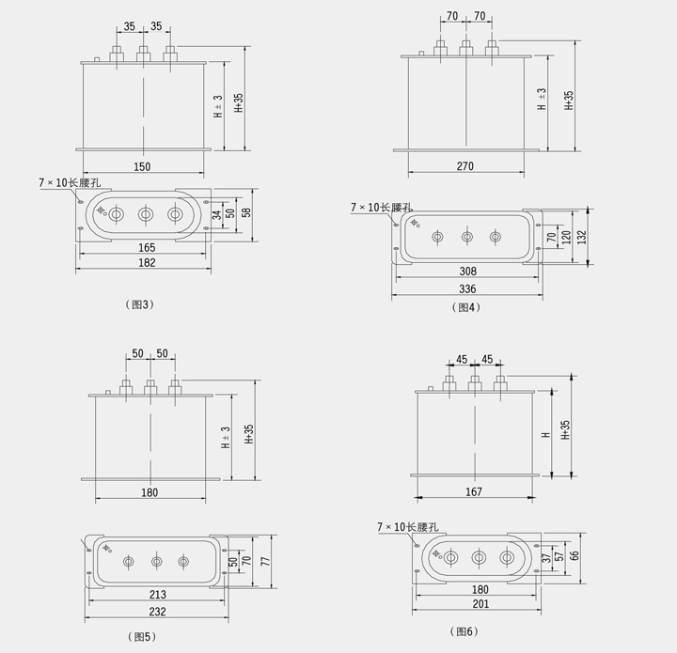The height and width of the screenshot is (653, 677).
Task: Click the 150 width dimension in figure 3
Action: point(142,166)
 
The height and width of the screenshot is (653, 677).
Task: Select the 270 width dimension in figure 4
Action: point(465,166)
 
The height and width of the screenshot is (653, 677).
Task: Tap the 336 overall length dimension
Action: point(467,288)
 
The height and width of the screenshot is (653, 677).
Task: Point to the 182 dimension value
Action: point(147,262)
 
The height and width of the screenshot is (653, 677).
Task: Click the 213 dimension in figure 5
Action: point(158,595)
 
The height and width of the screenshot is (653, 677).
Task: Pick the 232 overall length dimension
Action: point(157,611)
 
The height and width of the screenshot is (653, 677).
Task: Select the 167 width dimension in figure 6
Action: point(474,491)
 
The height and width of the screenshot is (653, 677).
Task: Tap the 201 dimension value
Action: point(480,604)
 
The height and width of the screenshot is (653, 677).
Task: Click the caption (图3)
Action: point(139,304)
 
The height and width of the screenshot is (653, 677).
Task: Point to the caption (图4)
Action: point(465,307)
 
